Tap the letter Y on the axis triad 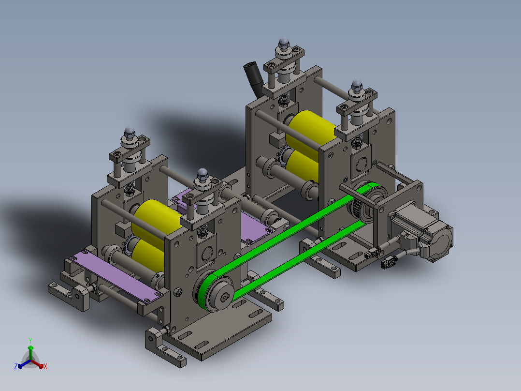[30, 340]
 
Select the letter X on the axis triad [45, 366]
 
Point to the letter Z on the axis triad [16, 366]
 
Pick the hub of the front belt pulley [224, 296]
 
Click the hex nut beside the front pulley [178, 292]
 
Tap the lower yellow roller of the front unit [148, 256]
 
